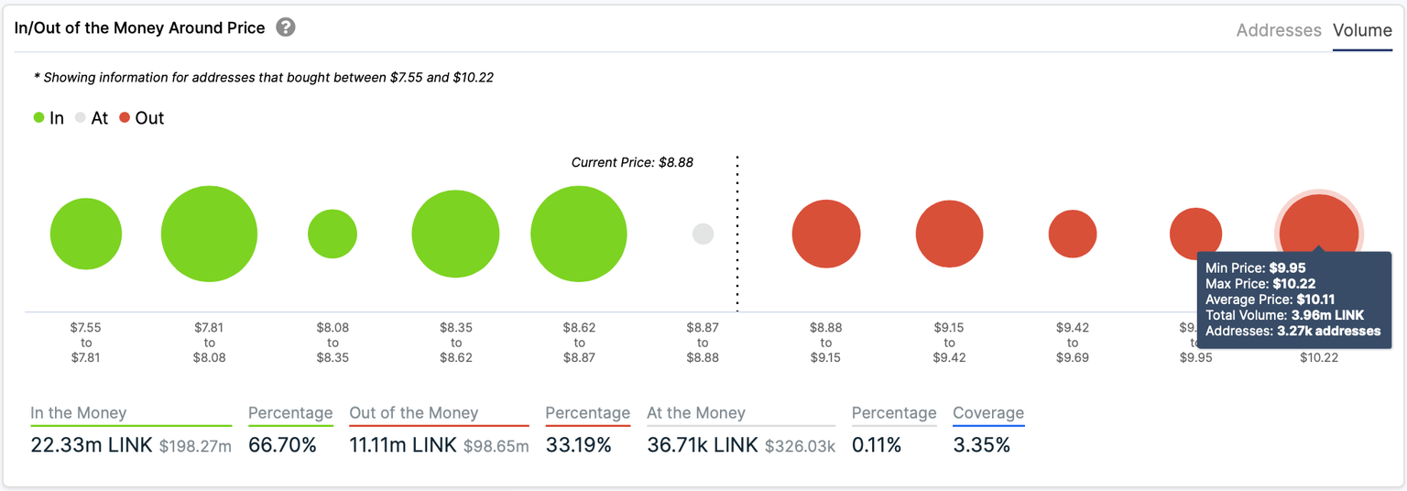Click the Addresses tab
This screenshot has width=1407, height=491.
pos(1278,30)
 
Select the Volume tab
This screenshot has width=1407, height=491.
pos(1362,30)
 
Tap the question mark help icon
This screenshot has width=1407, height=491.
pos(286,27)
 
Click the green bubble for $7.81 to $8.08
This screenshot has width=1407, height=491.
pos(209,234)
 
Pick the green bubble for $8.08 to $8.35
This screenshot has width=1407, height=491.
pos(333,234)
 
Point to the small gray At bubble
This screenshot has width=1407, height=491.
pos(703,234)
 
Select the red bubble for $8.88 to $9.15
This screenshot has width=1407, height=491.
pos(826,234)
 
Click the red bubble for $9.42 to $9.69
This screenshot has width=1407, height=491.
pos(1073,234)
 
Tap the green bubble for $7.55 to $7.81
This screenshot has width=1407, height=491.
pos(86,234)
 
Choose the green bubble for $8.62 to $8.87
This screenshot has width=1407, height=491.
pos(579,234)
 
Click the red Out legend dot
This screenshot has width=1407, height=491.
pos(125,118)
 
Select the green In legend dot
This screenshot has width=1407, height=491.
pos(39,118)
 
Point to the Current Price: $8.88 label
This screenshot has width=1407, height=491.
pos(632,162)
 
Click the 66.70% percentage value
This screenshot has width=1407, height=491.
pos(282,446)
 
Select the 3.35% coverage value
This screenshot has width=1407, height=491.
pos(981,446)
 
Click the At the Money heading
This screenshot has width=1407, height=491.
pos(696,413)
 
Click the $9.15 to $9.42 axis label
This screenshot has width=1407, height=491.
pos(949,342)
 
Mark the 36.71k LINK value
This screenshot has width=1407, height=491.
pos(703,446)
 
